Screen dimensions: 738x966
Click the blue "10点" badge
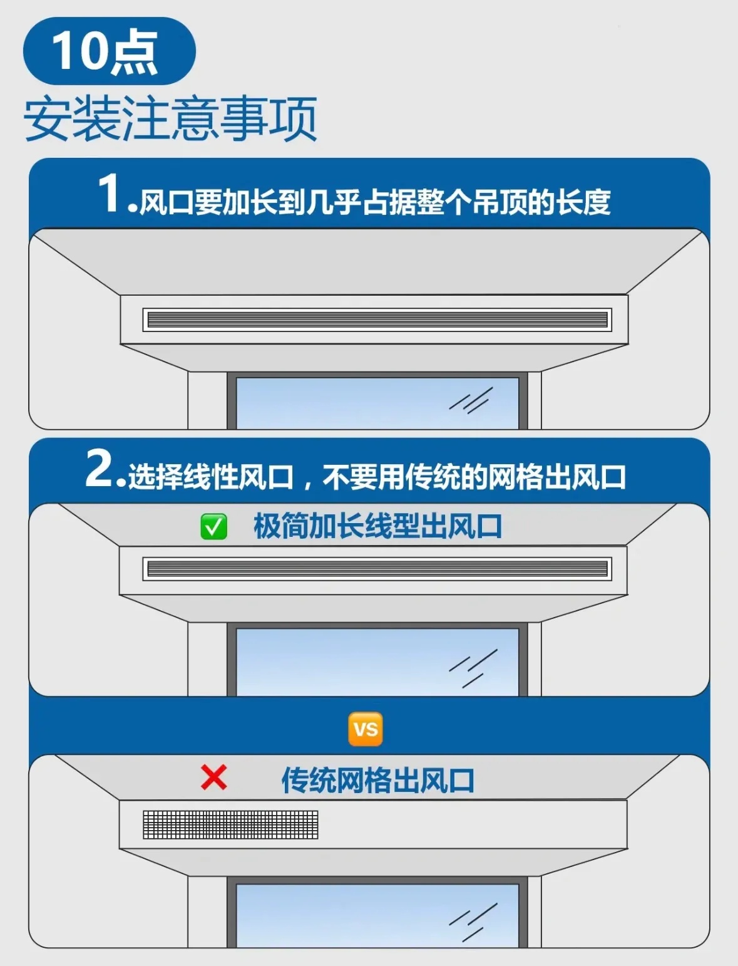(109, 51)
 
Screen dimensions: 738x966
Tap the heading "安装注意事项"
(170, 119)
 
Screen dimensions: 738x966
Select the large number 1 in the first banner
(111, 193)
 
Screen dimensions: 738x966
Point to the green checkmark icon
(213, 526)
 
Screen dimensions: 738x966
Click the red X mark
(213, 777)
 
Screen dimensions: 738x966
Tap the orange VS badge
(366, 729)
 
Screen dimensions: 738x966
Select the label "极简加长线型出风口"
(377, 526)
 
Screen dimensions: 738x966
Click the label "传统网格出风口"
(377, 781)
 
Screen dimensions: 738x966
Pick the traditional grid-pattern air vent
(230, 824)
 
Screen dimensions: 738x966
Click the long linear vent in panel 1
(377, 319)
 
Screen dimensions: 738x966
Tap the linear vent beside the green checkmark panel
(377, 569)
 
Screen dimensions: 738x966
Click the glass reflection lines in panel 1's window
(471, 400)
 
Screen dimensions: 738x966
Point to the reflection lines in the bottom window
(473, 922)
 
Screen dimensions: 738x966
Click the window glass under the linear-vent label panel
(377, 662)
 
